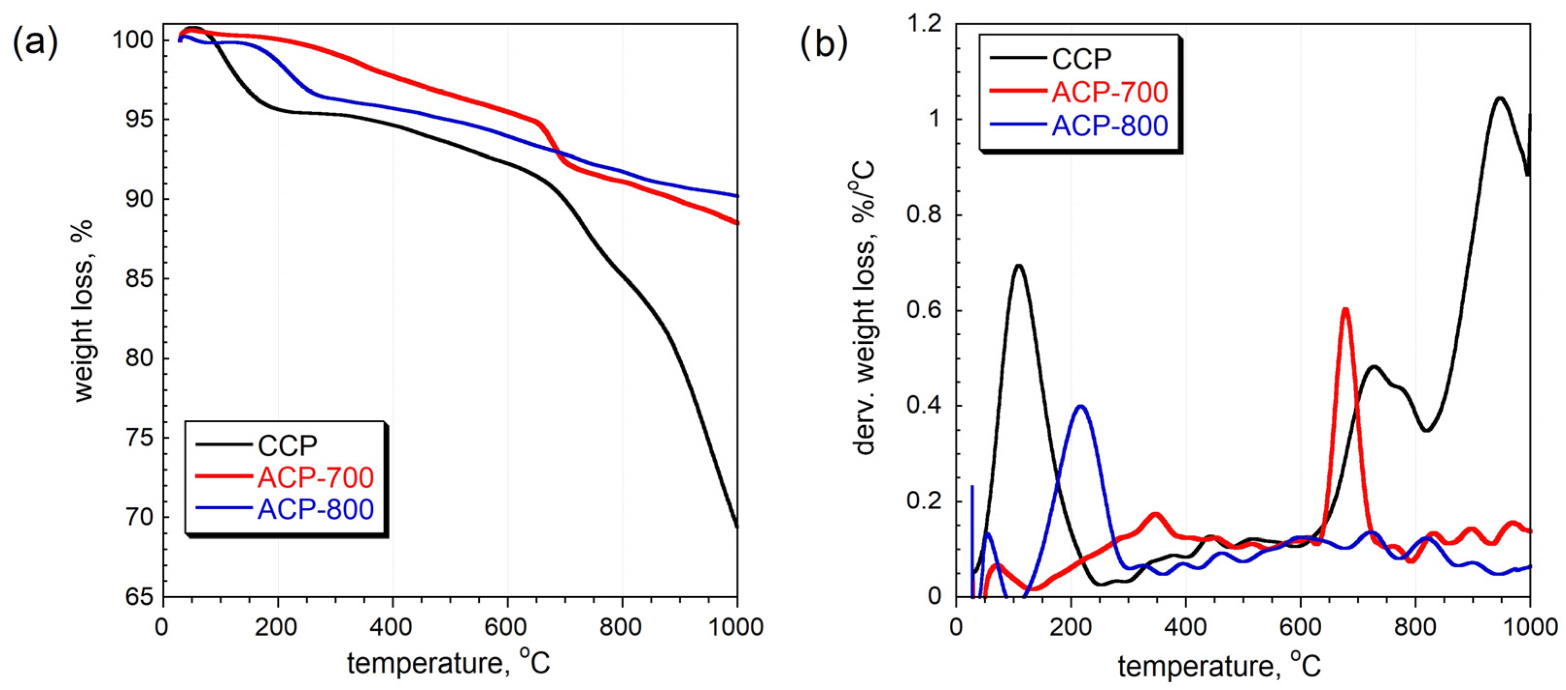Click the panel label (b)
[823, 43]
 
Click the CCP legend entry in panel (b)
[1081, 59]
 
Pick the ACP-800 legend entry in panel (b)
[1110, 126]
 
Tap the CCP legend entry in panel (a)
[287, 446]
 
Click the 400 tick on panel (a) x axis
[392, 626]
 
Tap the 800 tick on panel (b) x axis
[1415, 626]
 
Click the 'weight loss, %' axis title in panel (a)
[84, 311]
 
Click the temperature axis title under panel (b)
[1219, 666]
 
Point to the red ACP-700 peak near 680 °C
[1345, 310]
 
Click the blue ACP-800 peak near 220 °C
[1081, 406]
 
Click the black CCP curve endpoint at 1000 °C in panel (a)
[737, 527]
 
